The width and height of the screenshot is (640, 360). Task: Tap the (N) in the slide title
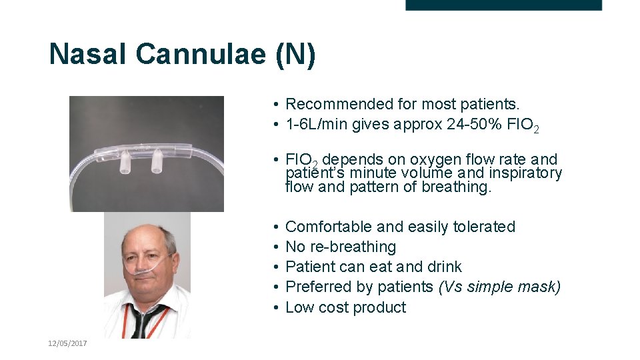(295, 54)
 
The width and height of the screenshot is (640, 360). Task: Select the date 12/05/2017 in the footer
(67, 343)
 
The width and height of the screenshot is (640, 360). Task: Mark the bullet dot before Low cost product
(275, 307)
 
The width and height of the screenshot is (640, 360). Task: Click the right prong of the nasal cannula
(158, 160)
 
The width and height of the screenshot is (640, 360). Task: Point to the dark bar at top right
(503, 5)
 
